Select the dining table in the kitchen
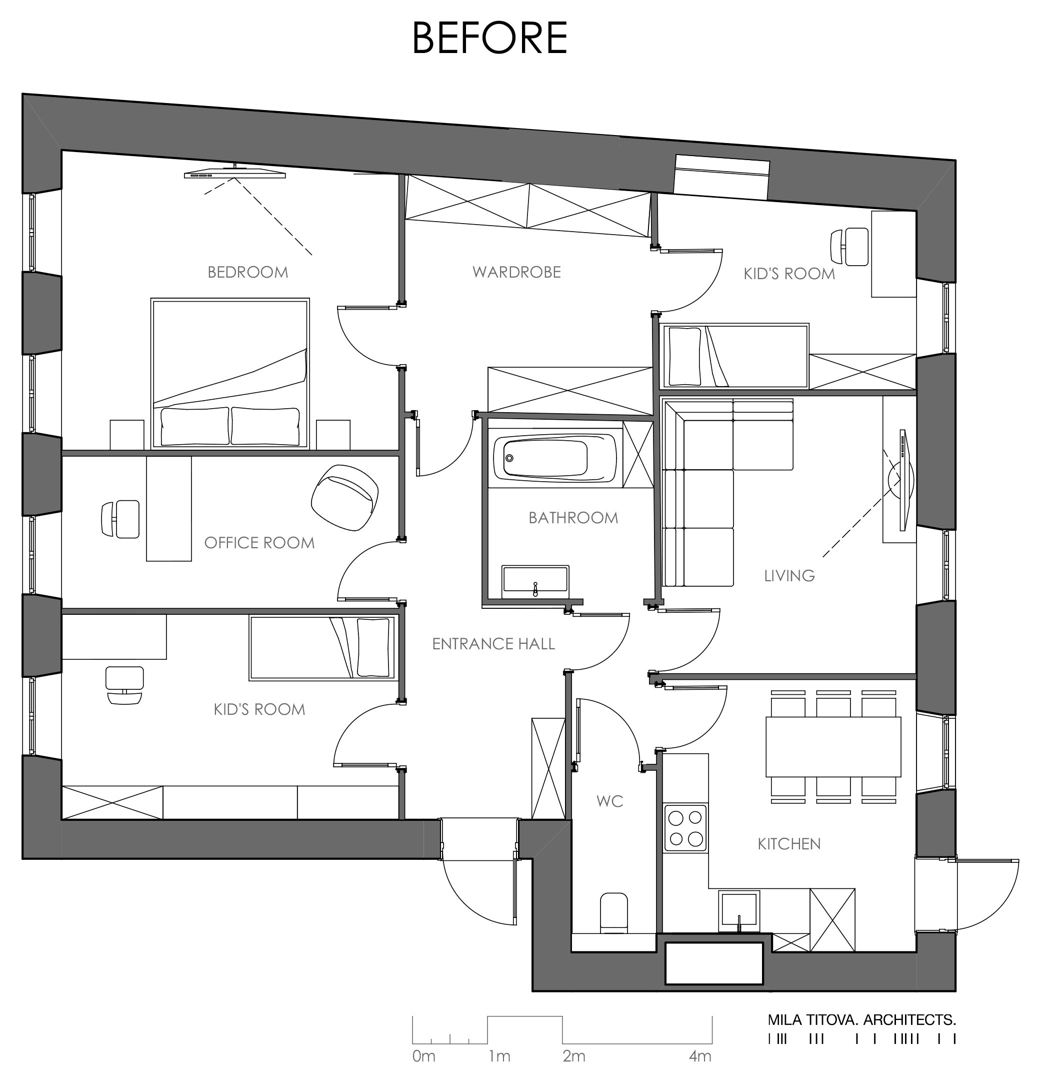click(x=833, y=746)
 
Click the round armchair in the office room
click(x=344, y=497)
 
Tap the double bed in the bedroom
click(x=230, y=374)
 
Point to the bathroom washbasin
click(x=535, y=581)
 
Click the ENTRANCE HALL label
click(x=493, y=644)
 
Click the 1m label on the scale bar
click(x=499, y=1056)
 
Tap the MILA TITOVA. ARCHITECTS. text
click(x=861, y=1019)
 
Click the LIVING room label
click(x=789, y=576)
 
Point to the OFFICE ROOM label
click(x=259, y=543)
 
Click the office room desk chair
click(x=120, y=519)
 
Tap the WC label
click(x=610, y=801)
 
